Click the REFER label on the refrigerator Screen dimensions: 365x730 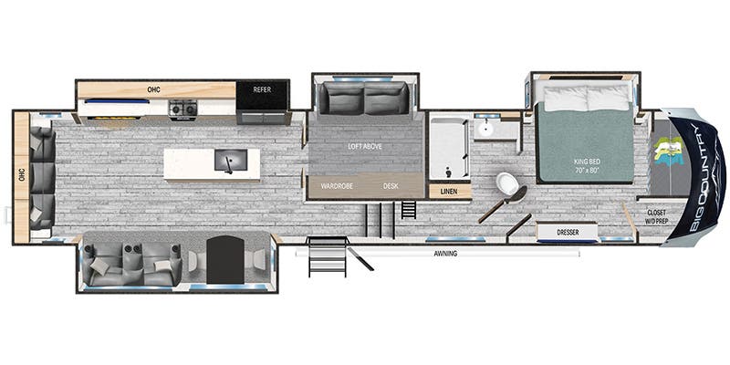(263, 90)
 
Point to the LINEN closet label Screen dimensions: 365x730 (449, 192)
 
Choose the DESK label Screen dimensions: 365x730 (391, 186)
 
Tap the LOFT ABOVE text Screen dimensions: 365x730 (364, 146)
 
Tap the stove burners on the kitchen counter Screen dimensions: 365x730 (182, 109)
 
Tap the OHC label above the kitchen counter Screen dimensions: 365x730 (154, 90)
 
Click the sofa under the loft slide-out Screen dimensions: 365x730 (362, 99)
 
